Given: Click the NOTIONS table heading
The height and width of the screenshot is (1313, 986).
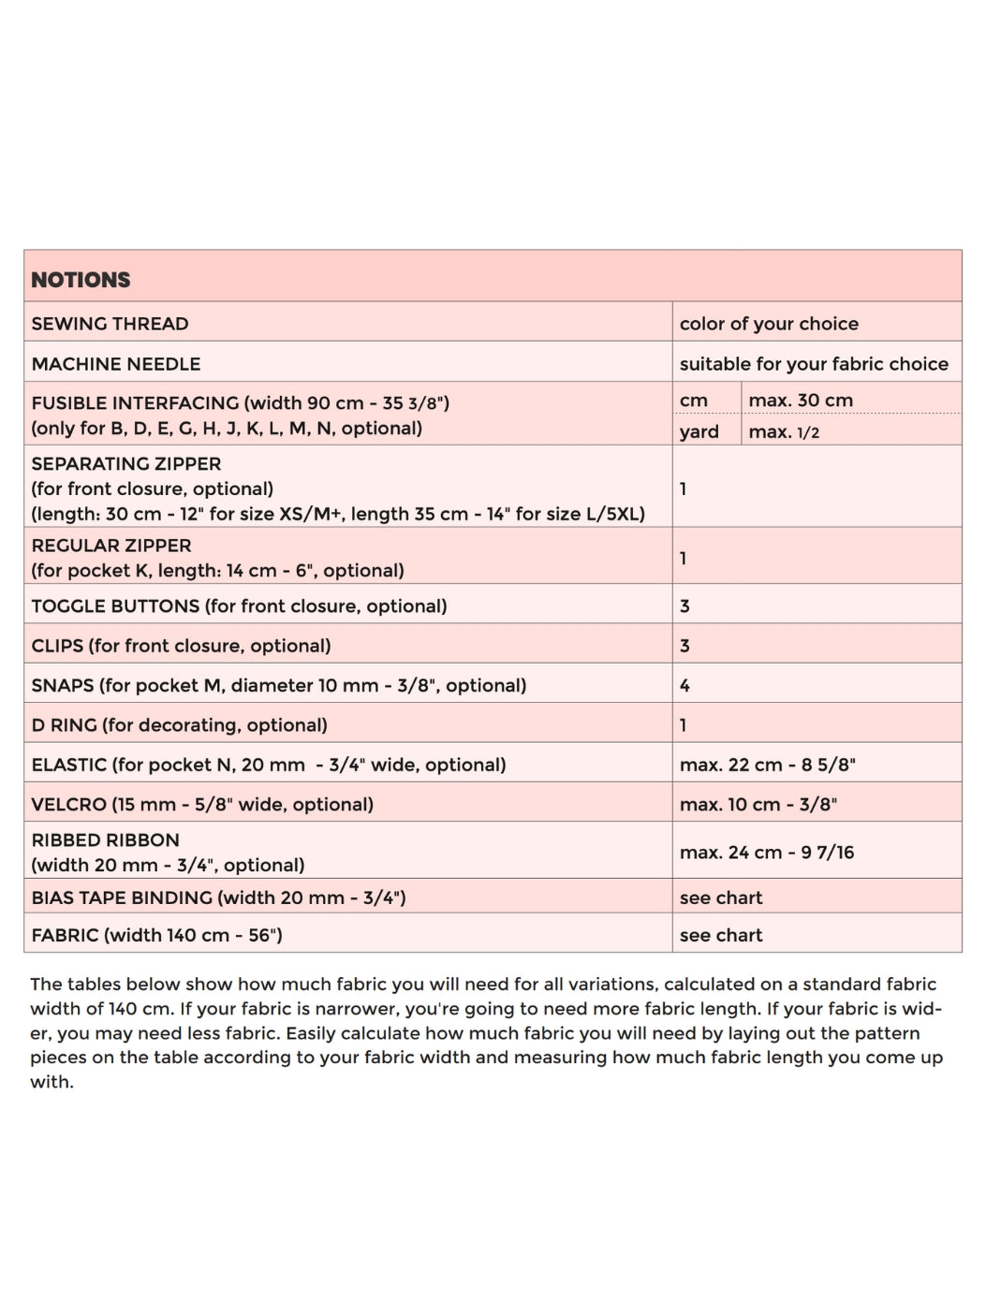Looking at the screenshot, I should pyautogui.click(x=81, y=280).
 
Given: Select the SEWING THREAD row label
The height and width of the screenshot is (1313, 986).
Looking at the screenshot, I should pyautogui.click(x=110, y=324).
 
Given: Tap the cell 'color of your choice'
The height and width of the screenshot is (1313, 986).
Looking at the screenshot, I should pyautogui.click(x=769, y=324).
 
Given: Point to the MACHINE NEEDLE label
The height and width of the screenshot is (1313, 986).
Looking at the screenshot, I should pyautogui.click(x=116, y=364).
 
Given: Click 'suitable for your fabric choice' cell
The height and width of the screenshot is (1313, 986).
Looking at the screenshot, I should pyautogui.click(x=814, y=364).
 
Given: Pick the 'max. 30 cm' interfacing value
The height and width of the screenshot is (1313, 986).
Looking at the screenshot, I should pyautogui.click(x=801, y=401).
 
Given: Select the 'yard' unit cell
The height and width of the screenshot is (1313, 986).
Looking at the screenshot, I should pyautogui.click(x=699, y=431).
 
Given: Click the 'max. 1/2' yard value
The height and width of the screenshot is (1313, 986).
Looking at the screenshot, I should pyautogui.click(x=784, y=432).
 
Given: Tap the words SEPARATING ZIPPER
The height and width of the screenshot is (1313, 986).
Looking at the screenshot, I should pyautogui.click(x=126, y=464).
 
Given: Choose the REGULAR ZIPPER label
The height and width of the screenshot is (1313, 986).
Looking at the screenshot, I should pyautogui.click(x=111, y=546).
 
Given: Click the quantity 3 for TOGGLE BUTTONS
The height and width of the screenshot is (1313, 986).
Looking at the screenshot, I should pyautogui.click(x=684, y=606).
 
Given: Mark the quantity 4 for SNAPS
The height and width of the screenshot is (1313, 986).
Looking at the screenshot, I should pyautogui.click(x=684, y=686).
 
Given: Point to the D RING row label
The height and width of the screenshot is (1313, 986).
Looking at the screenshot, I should pyautogui.click(x=64, y=725).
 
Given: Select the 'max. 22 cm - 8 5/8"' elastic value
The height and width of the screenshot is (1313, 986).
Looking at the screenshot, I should pyautogui.click(x=768, y=765).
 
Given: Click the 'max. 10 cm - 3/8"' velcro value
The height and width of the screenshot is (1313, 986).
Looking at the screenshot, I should pyautogui.click(x=758, y=805).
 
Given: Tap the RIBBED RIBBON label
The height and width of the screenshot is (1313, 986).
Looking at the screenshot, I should pyautogui.click(x=105, y=840).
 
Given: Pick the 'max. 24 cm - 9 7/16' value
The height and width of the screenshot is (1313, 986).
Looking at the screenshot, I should pyautogui.click(x=767, y=853).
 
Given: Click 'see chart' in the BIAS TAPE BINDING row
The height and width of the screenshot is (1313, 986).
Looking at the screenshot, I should pyautogui.click(x=721, y=898).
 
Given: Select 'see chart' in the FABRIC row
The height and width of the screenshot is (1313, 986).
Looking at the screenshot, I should pyautogui.click(x=721, y=936).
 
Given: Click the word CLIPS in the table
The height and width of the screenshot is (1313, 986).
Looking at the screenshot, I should pyautogui.click(x=57, y=646).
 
